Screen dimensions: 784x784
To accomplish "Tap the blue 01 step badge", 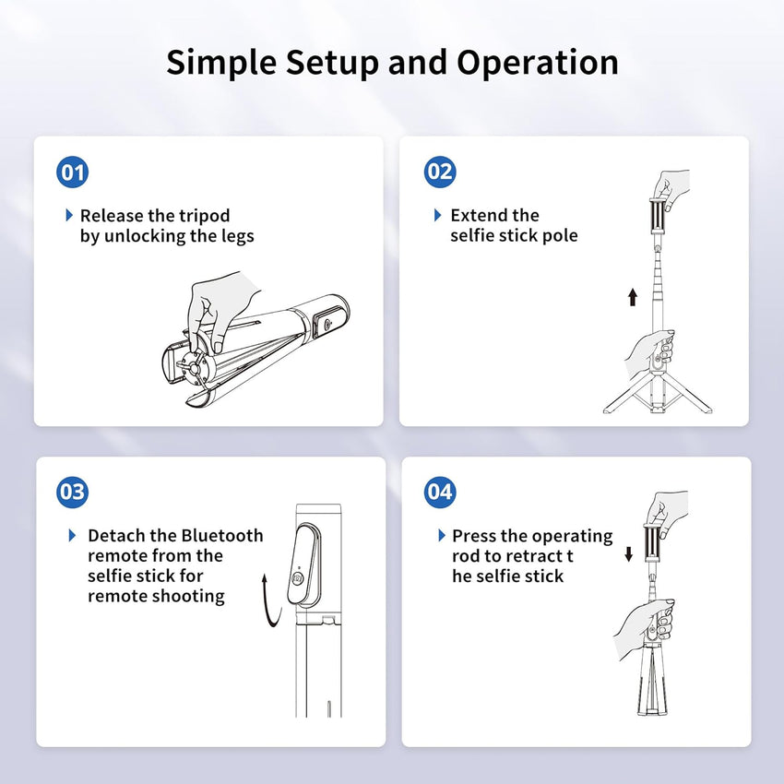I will (x=73, y=172).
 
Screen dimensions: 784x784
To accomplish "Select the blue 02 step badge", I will (x=440, y=172).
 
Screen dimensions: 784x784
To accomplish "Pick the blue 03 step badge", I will (x=73, y=492).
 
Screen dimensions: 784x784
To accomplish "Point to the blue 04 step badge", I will (x=440, y=492).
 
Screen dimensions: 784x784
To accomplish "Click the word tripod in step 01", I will (x=203, y=216).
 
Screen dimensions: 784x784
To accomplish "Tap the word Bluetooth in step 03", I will (x=221, y=536).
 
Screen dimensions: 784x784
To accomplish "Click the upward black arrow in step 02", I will (x=633, y=296).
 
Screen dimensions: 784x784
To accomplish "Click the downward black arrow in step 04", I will (x=629, y=553).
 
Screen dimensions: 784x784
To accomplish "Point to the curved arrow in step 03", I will (x=267, y=600).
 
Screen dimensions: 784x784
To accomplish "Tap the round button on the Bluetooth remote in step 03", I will (x=298, y=579).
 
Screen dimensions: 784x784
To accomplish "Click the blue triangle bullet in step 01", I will (x=69, y=215).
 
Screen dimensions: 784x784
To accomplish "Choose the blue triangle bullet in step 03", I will (x=73, y=535).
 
